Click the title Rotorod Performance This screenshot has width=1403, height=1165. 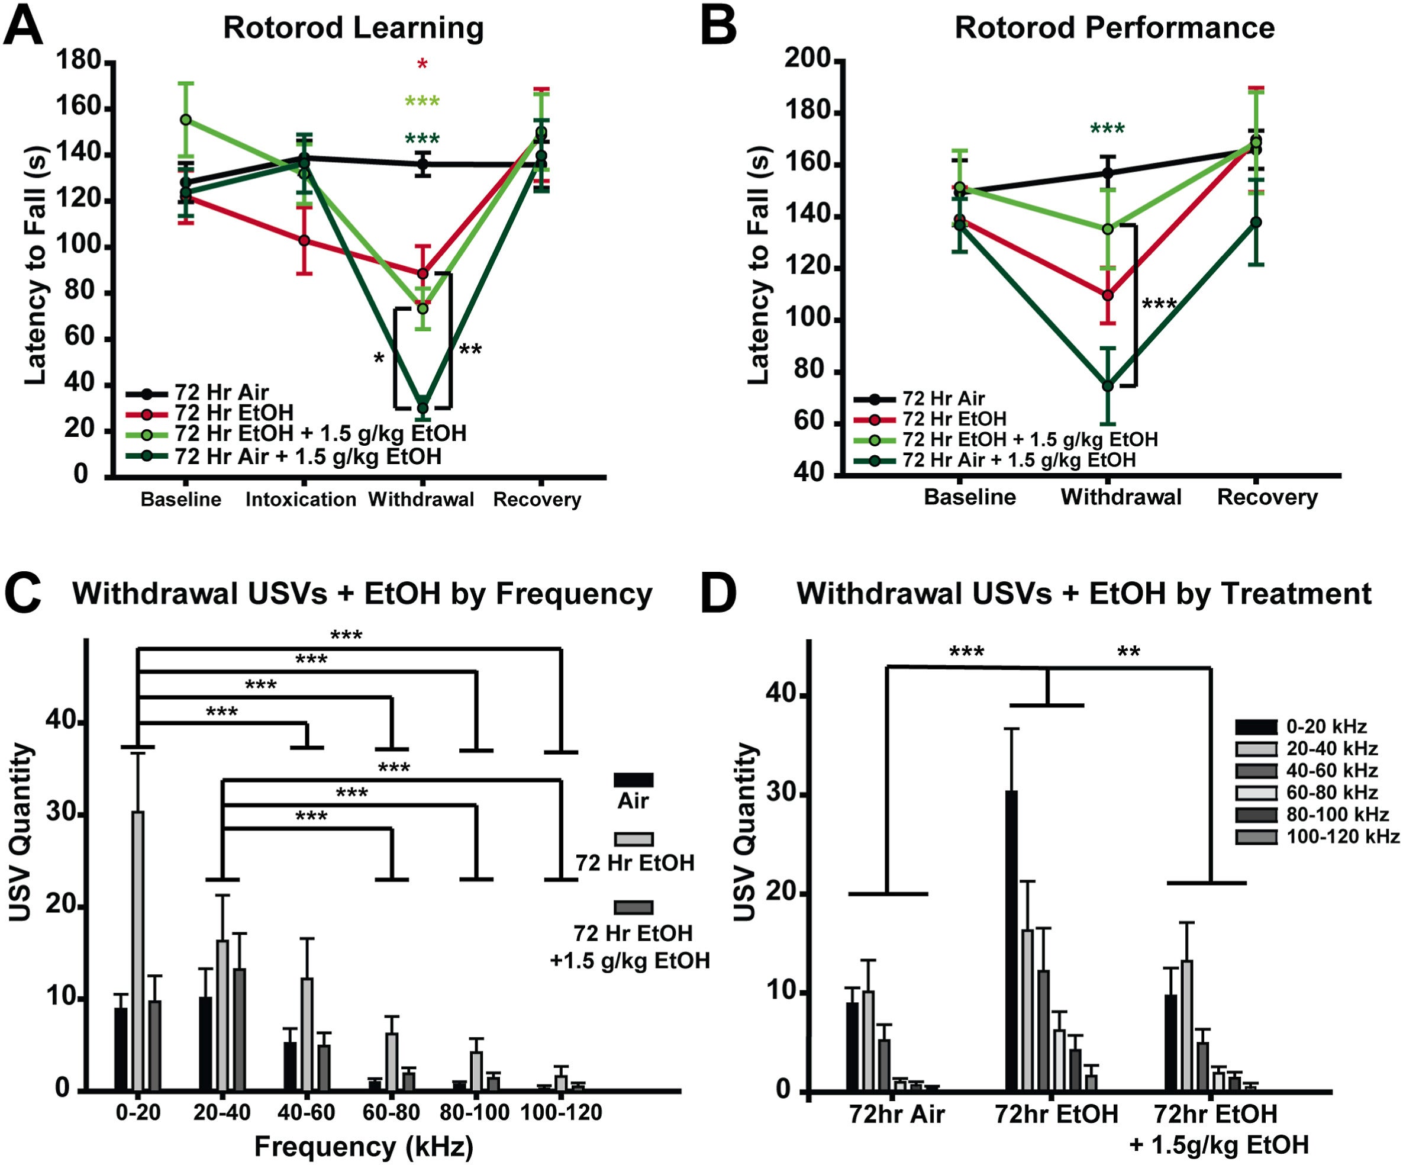pyautogui.click(x=1114, y=28)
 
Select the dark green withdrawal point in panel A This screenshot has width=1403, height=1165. pyautogui.click(x=422, y=408)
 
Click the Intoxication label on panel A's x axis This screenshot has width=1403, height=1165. pyautogui.click(x=301, y=499)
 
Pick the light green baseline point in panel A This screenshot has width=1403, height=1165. pyautogui.click(x=186, y=120)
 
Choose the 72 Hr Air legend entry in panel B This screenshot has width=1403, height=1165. pyautogui.click(x=943, y=399)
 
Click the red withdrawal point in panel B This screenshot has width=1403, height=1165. pyautogui.click(x=1108, y=295)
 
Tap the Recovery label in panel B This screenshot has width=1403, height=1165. pyautogui.click(x=1267, y=497)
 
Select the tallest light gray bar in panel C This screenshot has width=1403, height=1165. pyautogui.click(x=138, y=949)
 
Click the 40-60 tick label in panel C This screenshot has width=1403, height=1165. pyautogui.click(x=306, y=1112)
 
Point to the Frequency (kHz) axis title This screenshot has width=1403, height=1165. pyautogui.click(x=363, y=1146)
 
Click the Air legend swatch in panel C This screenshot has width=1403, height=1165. pyautogui.click(x=633, y=780)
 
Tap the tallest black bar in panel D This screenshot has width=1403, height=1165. pyautogui.click(x=1011, y=939)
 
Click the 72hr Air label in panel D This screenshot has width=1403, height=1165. pyautogui.click(x=896, y=1114)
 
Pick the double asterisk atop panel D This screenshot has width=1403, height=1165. pyautogui.click(x=1128, y=652)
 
